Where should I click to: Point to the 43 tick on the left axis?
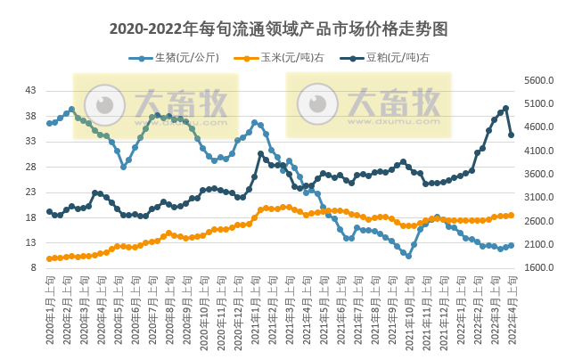pos(31,90)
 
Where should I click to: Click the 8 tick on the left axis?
pos(34,267)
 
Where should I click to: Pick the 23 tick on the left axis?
pos(31,192)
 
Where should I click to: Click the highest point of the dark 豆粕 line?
pos(505,109)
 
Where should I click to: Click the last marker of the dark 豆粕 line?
pos(512,135)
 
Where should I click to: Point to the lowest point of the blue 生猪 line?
pos(408,255)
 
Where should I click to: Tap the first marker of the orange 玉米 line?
pos(49,258)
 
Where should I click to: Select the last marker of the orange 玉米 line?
pos(512,215)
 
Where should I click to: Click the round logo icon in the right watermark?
pos(316,104)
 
